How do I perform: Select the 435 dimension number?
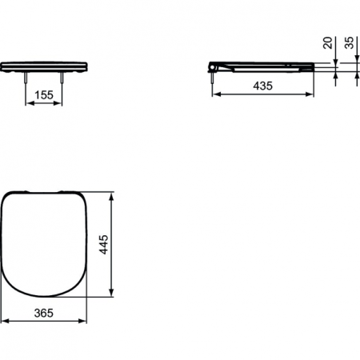[x=261, y=84]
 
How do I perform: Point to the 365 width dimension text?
[x=43, y=313]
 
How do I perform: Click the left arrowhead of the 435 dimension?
[x=215, y=94]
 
